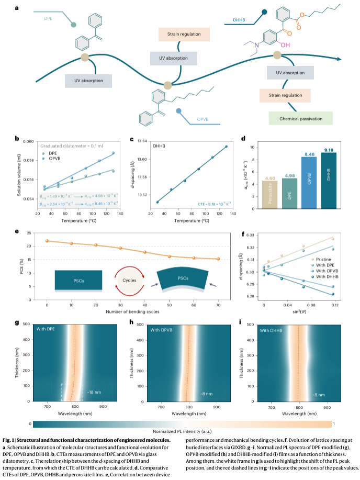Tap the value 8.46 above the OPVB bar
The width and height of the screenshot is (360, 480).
point(309,155)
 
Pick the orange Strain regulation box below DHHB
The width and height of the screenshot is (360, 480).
point(285,95)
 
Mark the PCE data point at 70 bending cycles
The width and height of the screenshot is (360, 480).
point(218,259)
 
